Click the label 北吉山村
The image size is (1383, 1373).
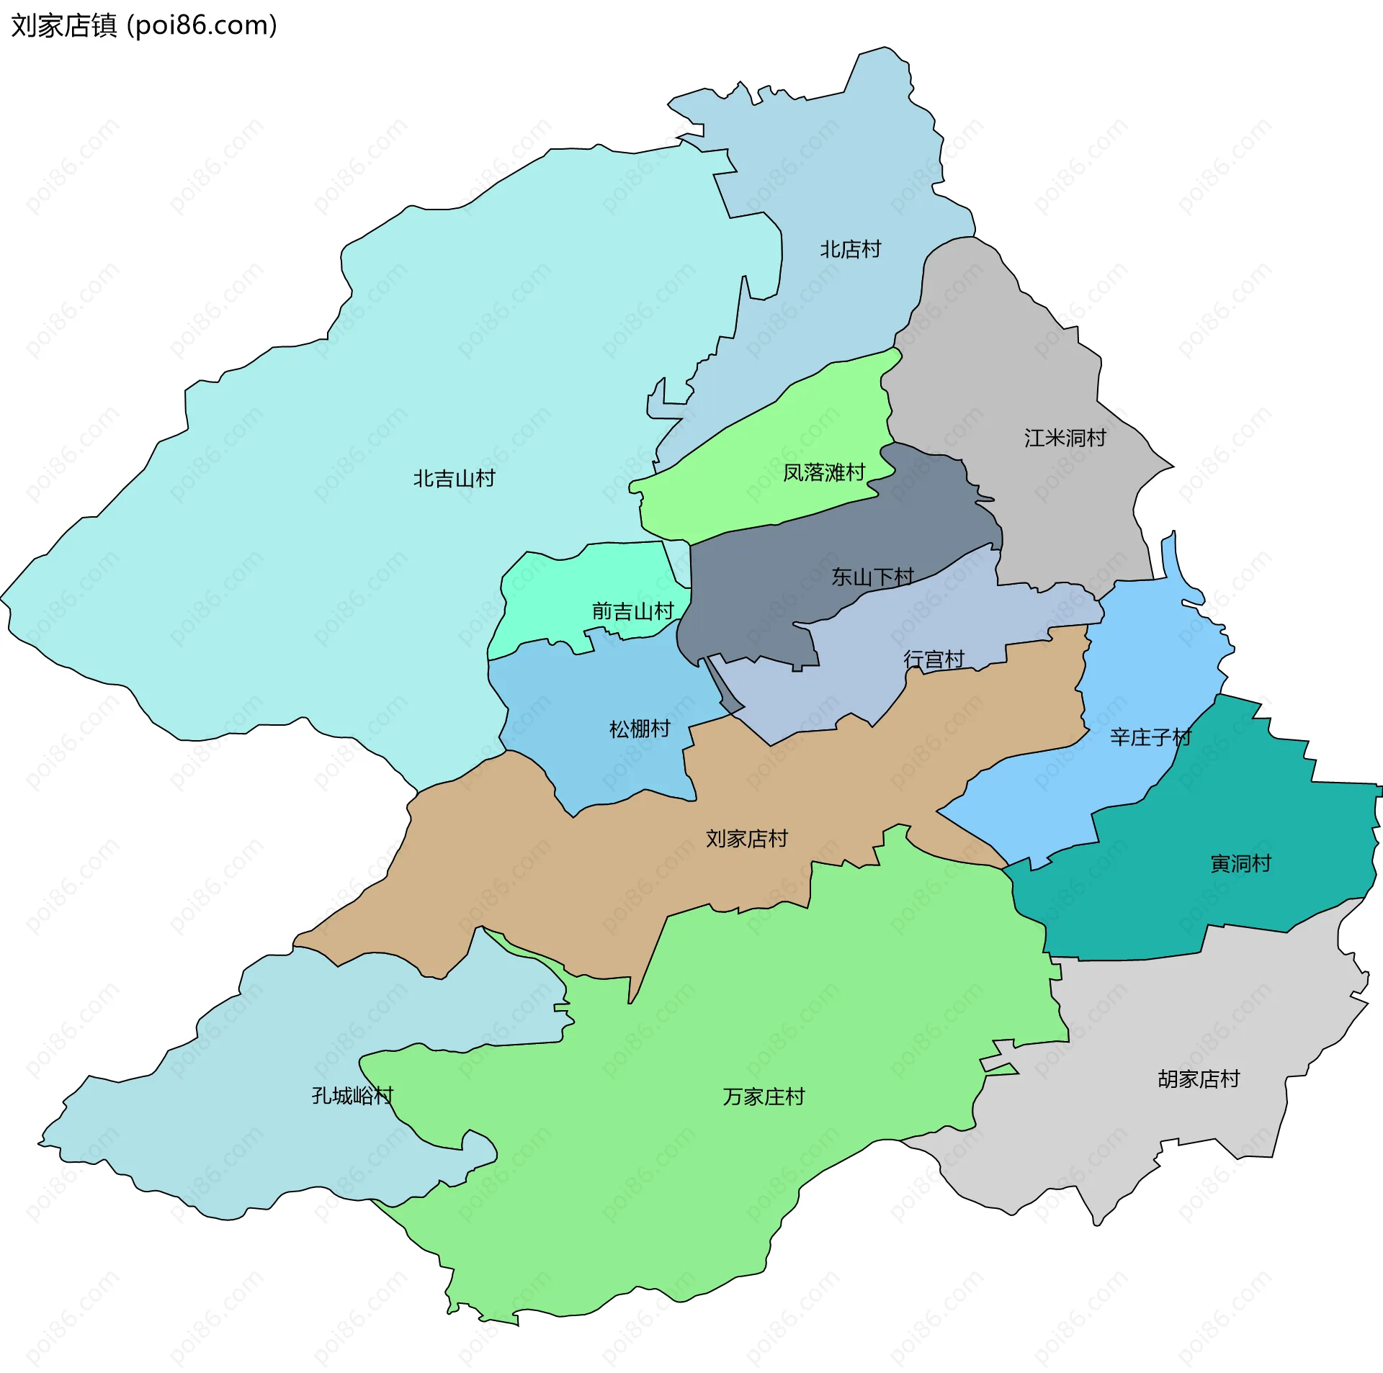pyautogui.click(x=454, y=479)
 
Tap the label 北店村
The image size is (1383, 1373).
pyautogui.click(x=851, y=250)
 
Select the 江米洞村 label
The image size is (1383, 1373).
pyautogui.click(x=1065, y=438)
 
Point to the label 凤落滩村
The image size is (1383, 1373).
pyautogui.click(x=824, y=473)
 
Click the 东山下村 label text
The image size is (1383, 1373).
pyautogui.click(x=872, y=577)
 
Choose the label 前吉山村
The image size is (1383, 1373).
pyautogui.click(x=632, y=612)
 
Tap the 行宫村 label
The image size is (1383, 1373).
pyautogui.click(x=934, y=660)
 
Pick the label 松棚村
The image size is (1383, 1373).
pyautogui.click(x=640, y=729)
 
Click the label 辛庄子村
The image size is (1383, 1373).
pyautogui.click(x=1150, y=737)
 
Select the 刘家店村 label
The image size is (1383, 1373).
pyautogui.click(x=747, y=839)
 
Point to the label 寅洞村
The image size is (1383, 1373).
pyautogui.click(x=1240, y=863)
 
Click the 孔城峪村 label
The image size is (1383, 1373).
pyautogui.click(x=352, y=1096)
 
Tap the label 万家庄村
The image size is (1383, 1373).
pyautogui.click(x=764, y=1097)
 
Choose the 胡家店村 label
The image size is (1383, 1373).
pyautogui.click(x=1199, y=1079)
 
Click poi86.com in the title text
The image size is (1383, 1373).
pyautogui.click(x=202, y=26)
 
